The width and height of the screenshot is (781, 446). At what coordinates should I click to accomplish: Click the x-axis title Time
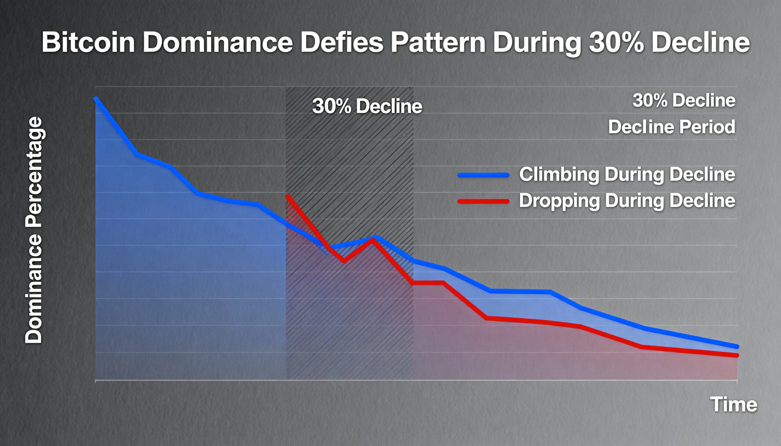(733, 405)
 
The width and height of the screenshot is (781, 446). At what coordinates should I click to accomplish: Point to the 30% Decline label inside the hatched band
(367, 107)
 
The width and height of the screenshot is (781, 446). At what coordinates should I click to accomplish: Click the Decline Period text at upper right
(671, 127)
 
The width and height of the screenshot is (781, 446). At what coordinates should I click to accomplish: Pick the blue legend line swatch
(483, 175)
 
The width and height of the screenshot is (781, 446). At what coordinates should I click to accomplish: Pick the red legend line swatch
(483, 201)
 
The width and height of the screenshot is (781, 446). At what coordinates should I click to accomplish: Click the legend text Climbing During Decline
(627, 175)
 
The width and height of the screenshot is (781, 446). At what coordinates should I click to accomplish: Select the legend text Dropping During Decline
(627, 201)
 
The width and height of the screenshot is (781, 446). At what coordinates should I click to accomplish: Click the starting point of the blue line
(96, 99)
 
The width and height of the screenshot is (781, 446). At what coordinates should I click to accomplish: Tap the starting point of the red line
(287, 196)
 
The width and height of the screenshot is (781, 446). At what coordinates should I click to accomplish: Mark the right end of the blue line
(737, 346)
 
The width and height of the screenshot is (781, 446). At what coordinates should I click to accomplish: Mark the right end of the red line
(737, 355)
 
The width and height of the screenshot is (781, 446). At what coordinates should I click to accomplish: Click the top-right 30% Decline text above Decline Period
(684, 101)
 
